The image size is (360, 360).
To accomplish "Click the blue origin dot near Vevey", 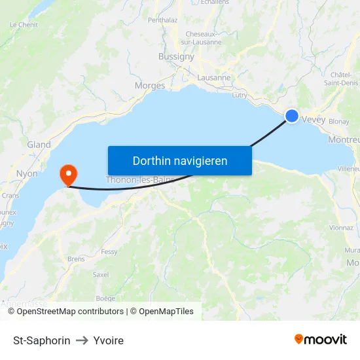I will [x=292, y=116].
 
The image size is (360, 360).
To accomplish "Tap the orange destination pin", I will [x=68, y=174].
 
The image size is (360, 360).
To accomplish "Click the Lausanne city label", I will [x=214, y=77].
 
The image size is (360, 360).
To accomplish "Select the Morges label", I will [x=149, y=86].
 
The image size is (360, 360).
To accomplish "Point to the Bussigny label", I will [x=176, y=57].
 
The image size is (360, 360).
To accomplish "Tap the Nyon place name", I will [x=27, y=174].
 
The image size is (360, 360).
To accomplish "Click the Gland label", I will [x=39, y=145].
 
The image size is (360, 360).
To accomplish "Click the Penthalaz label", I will [x=162, y=20].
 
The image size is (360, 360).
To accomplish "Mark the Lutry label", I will [x=240, y=95].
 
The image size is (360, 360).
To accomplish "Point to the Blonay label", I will [x=338, y=122].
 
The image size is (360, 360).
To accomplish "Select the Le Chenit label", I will [x=24, y=25].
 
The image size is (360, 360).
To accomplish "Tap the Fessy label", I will [x=109, y=251].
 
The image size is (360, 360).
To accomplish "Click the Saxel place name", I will [x=101, y=274].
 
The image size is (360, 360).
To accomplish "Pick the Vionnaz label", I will [x=341, y=228].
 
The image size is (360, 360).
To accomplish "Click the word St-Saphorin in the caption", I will [x=42, y=340].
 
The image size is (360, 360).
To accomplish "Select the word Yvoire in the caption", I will [x=108, y=340].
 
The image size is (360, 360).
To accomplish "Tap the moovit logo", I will [x=320, y=339].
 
